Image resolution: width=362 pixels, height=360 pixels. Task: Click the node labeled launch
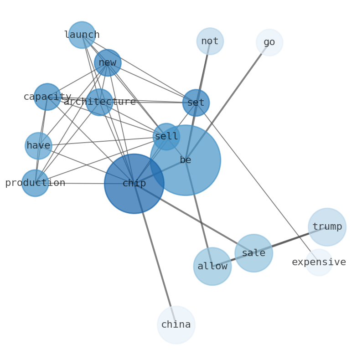pos(82,35)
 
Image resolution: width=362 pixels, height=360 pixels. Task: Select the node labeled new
pos(108,63)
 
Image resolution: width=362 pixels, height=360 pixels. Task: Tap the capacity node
pos(47,97)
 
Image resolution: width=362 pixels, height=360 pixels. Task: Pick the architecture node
pos(99,102)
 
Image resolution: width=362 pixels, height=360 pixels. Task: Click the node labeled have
pos(38,146)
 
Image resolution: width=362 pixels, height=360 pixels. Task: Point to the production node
pos(35,183)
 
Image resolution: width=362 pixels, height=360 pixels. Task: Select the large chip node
pos(134,184)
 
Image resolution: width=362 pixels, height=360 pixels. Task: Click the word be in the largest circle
pos(186,160)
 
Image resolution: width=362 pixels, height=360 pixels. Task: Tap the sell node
pos(166,137)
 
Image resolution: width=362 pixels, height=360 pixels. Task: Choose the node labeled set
pos(196,103)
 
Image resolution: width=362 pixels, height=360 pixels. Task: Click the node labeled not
pos(210,41)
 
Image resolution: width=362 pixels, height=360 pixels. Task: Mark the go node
pos(269,42)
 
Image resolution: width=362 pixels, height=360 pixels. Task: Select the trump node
pos(327,227)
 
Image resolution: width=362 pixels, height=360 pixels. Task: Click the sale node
pos(254,253)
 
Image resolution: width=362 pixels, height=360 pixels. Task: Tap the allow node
pos(212,267)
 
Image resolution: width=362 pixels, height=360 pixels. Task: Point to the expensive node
pos(319,262)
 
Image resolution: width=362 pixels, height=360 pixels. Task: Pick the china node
pos(176,325)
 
